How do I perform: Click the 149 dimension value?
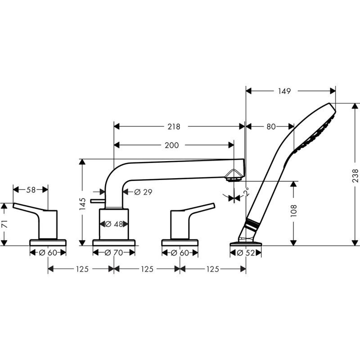[x=284, y=91]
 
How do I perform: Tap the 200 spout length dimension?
[x=171, y=145]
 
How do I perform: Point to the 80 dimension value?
[x=270, y=127]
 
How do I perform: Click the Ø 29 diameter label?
[x=143, y=192]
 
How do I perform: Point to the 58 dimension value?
[x=31, y=190]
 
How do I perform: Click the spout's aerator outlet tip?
[x=234, y=179]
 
